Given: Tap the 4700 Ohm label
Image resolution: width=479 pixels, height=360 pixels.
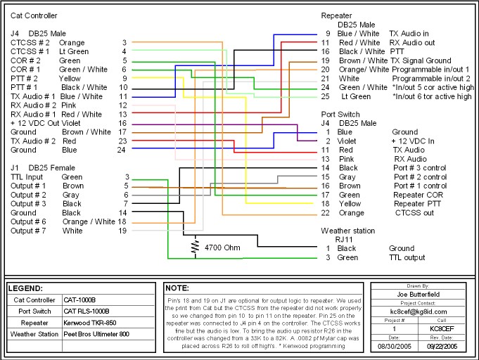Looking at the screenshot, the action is [222, 247].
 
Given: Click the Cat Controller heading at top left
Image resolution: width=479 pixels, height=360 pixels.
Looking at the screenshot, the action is [34, 15].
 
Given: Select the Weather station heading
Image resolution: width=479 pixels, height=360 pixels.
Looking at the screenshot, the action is [347, 231].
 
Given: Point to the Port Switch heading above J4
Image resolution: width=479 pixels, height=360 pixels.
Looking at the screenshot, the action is [340, 115].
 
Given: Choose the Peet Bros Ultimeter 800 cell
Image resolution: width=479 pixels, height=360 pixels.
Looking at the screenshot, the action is [96, 334].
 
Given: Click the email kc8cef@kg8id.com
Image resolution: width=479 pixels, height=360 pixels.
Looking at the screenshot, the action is [419, 311].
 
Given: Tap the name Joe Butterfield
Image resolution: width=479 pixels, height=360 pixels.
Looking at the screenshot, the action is [419, 295].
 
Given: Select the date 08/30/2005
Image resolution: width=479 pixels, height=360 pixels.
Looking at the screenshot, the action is [395, 346].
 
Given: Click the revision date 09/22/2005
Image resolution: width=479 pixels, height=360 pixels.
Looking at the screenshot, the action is [442, 346].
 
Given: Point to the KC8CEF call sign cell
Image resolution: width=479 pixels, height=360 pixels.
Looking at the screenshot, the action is [442, 329].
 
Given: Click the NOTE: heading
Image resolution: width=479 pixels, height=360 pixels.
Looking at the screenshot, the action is [177, 288].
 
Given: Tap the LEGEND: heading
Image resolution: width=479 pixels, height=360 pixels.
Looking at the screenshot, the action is [25, 288].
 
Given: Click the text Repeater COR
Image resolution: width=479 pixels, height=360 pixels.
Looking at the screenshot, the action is [418, 195].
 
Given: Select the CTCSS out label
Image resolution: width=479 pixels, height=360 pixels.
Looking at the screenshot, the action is [414, 213].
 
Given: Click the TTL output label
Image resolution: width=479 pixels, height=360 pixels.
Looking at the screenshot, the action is [407, 258].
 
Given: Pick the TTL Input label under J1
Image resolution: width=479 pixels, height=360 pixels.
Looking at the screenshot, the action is [27, 177].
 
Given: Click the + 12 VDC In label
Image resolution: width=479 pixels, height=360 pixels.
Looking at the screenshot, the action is [413, 141].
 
